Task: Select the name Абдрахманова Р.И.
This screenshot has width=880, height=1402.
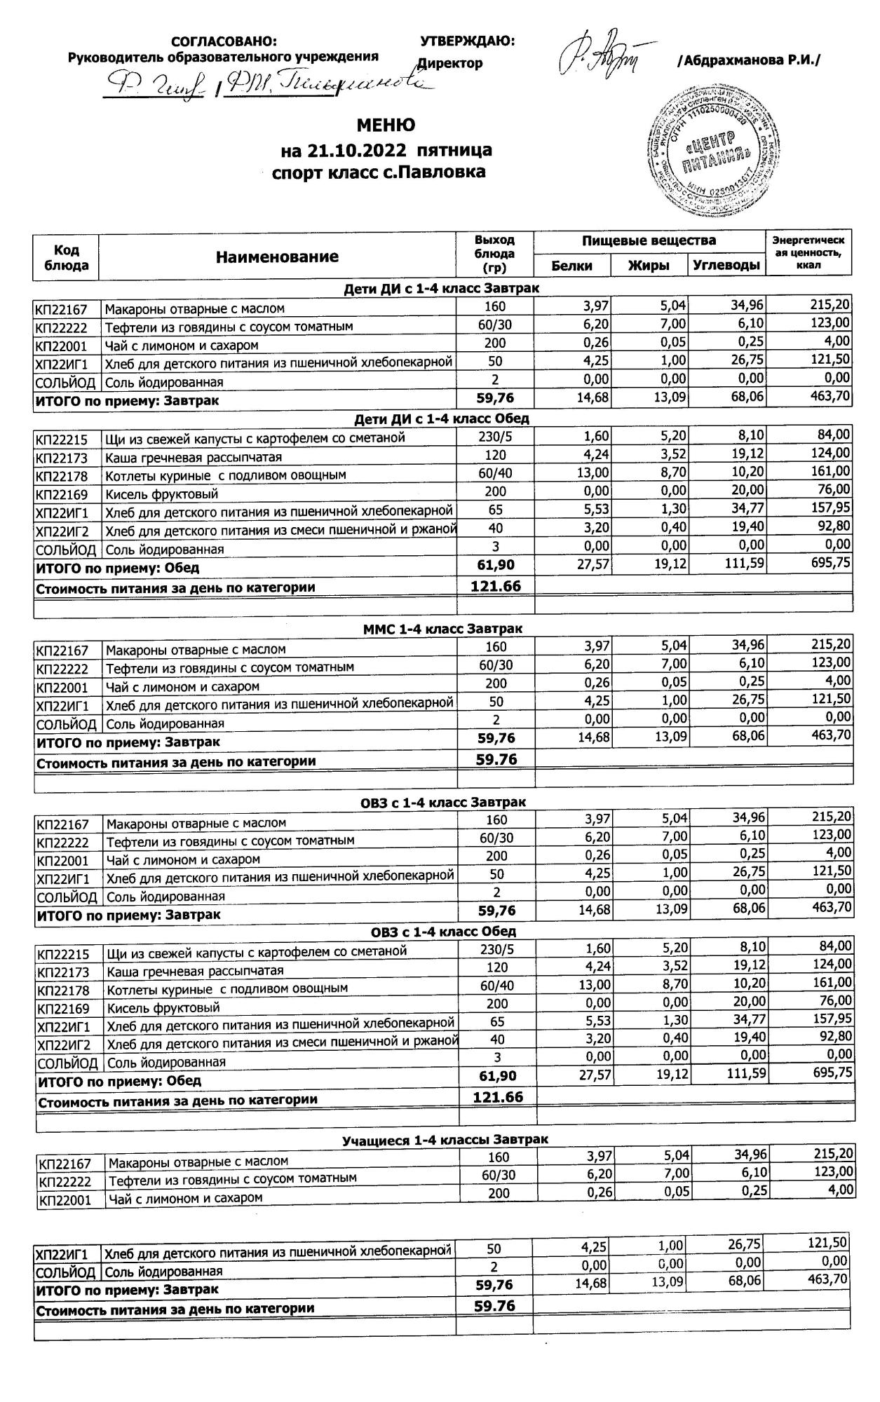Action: tap(748, 61)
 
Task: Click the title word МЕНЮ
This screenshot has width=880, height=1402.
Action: tap(386, 125)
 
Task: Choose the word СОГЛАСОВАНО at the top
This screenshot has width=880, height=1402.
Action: tap(224, 42)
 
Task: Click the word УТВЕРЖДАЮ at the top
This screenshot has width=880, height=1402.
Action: tap(467, 41)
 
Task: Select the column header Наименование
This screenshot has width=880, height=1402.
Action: tap(276, 257)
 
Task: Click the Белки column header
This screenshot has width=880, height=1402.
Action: tap(571, 266)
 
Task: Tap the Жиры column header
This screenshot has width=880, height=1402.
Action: tap(648, 266)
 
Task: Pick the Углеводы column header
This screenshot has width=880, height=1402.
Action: tap(726, 266)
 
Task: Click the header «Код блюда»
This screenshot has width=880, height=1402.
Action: tap(67, 257)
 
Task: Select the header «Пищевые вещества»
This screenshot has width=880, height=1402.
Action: tap(649, 241)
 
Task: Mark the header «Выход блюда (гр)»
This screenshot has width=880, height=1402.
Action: tap(494, 254)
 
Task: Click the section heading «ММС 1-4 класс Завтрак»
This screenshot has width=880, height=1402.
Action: tap(442, 629)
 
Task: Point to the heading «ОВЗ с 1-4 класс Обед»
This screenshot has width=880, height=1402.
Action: tap(443, 932)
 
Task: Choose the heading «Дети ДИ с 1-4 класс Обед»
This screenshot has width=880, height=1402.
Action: tap(442, 418)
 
